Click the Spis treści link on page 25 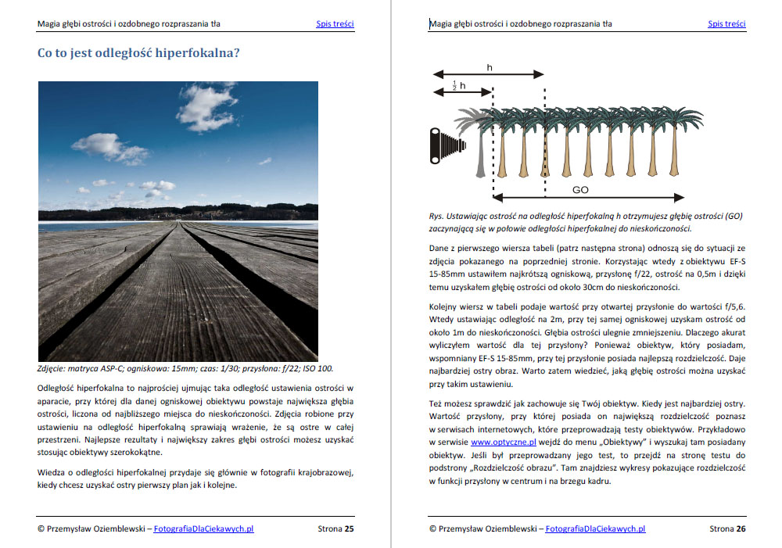pyautogui.click(x=335, y=23)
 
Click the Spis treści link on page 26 pyautogui.click(x=726, y=23)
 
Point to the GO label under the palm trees pyautogui.click(x=579, y=190)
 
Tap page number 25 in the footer pyautogui.click(x=350, y=528)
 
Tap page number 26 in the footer pyautogui.click(x=741, y=528)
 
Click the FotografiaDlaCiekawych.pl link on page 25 pyautogui.click(x=204, y=528)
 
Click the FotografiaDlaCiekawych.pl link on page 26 pyautogui.click(x=595, y=528)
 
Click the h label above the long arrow pyautogui.click(x=490, y=68)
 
